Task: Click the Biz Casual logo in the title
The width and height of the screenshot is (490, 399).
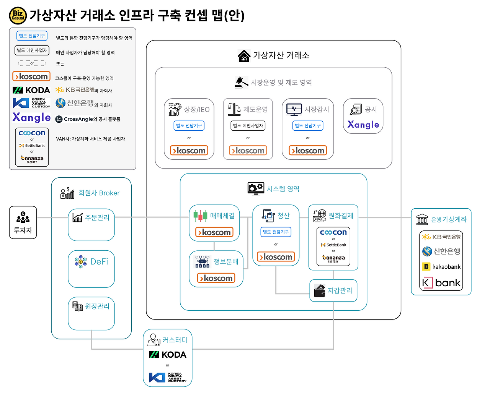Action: point(18,15)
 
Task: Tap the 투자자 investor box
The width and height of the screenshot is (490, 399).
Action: point(23,222)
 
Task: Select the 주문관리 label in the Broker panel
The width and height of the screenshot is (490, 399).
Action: point(97,217)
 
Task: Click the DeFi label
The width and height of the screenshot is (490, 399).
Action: point(99,262)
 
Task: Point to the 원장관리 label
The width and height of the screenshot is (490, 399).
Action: point(97,306)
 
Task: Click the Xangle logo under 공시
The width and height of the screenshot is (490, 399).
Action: point(363,125)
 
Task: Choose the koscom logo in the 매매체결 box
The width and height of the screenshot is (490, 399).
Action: point(214,232)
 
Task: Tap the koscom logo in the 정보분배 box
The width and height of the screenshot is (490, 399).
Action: point(216,278)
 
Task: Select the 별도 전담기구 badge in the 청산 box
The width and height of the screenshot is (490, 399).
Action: point(276,232)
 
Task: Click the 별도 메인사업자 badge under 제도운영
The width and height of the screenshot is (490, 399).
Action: point(248,126)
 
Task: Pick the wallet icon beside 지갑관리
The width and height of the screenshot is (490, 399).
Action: point(319,291)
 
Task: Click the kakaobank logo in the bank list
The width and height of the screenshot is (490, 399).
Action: point(441,267)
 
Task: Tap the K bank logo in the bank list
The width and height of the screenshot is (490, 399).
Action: point(441,283)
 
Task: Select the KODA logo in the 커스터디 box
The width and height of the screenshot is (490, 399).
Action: point(167,355)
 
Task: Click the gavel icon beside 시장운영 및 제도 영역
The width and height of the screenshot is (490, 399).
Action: point(241,82)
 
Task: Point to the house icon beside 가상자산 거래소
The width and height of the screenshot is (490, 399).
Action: point(244,56)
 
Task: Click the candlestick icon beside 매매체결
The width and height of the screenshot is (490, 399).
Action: point(200,216)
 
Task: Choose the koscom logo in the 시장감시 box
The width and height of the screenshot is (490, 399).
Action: point(308,151)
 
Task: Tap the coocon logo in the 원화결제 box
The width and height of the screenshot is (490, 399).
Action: point(333,232)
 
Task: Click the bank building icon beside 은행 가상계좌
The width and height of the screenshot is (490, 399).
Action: point(422,219)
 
